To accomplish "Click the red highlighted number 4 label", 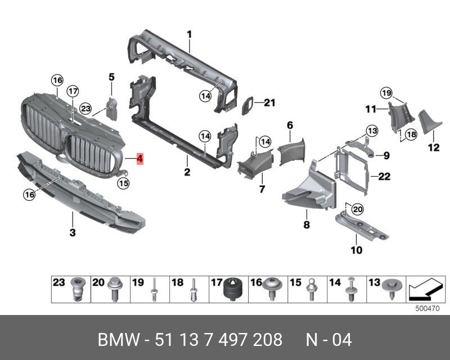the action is click(140, 160).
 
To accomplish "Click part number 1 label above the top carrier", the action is click(190, 34).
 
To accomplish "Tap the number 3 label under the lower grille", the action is click(72, 232).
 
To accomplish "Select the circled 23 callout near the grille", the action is click(85, 108).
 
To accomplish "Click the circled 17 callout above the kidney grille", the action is click(73, 92).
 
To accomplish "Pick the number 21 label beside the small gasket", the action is click(270, 102).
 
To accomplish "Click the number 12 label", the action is click(433, 148).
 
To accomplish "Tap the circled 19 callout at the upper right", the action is click(385, 93).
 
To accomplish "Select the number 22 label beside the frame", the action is click(384, 177).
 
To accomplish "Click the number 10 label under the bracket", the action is click(357, 249).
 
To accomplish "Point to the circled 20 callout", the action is click(357, 209).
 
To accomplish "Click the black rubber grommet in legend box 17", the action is click(232, 290).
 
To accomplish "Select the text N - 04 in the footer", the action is click(328, 340).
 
